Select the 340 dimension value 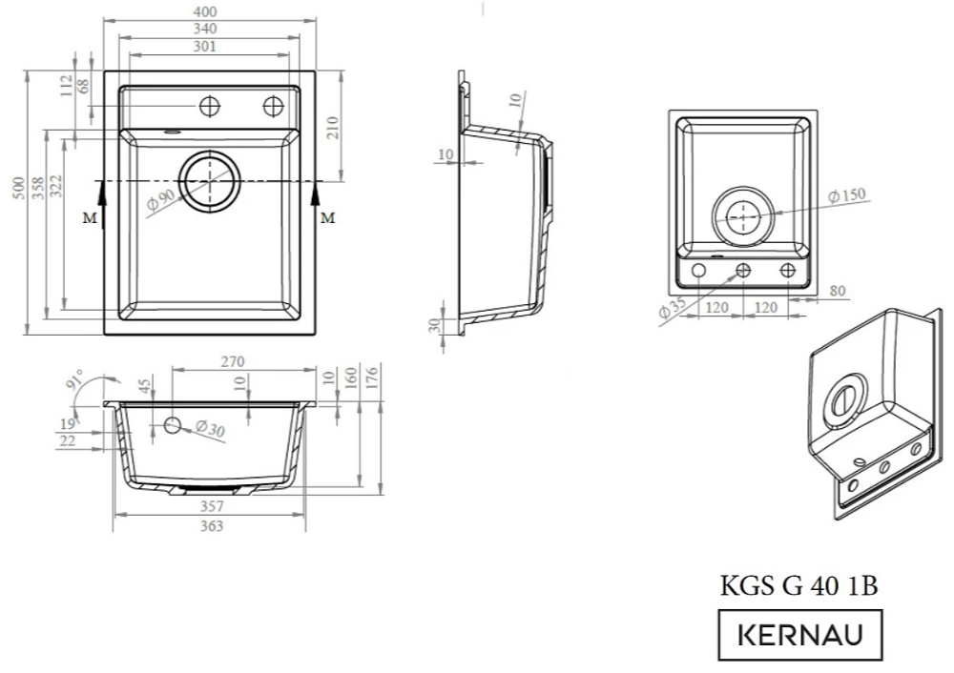204,29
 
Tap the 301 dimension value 204,46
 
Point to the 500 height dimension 18,188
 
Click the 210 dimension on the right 332,128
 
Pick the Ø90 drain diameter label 161,200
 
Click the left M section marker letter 90,217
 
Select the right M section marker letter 327,217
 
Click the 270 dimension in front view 232,361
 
